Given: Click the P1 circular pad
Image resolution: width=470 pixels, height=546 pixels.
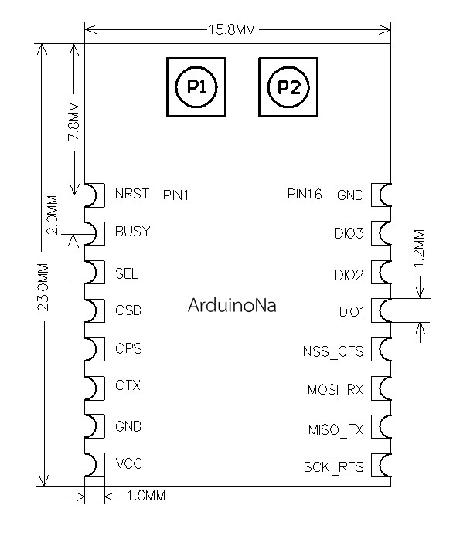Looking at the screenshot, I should (x=197, y=86).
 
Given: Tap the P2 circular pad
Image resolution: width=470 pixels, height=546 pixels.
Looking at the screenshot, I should (x=288, y=86).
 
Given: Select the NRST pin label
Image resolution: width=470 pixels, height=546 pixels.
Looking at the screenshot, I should (x=131, y=194).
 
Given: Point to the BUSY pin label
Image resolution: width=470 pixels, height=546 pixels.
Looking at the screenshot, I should (x=132, y=231).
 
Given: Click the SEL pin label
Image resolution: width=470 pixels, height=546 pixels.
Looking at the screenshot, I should (x=126, y=273).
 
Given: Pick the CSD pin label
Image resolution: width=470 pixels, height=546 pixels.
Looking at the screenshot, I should (x=128, y=310).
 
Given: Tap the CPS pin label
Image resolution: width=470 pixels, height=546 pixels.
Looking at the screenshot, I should (x=128, y=348).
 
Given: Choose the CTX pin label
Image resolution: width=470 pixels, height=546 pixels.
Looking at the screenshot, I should (x=128, y=385).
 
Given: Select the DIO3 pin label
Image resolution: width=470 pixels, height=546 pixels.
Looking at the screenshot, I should (x=349, y=233).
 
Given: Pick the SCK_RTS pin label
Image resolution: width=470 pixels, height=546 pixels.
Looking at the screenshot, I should (x=333, y=467).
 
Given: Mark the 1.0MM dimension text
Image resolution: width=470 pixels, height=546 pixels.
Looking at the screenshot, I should (x=145, y=496).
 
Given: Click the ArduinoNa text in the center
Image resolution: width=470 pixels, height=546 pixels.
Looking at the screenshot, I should (x=232, y=304).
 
